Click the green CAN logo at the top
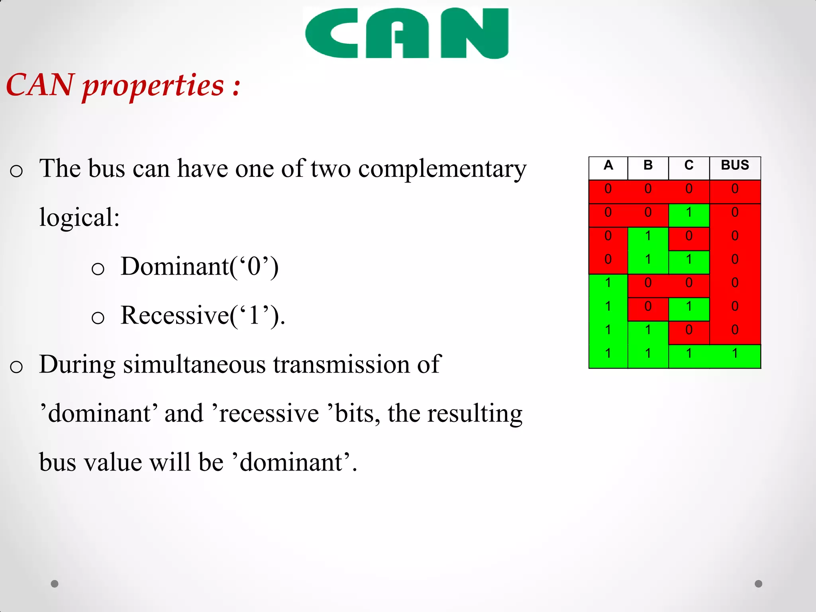(406, 33)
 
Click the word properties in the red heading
(153, 86)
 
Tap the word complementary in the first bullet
(442, 169)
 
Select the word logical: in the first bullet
(79, 218)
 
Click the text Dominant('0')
(200, 267)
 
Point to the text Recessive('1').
(203, 316)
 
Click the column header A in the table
(608, 165)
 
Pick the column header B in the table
(648, 165)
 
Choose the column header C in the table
(689, 165)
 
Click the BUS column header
(735, 165)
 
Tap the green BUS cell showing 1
(735, 353)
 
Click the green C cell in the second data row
(689, 212)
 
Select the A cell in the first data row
(608, 189)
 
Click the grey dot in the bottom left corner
(55, 584)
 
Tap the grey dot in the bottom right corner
(759, 584)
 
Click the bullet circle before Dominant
(98, 269)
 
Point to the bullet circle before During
(16, 367)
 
